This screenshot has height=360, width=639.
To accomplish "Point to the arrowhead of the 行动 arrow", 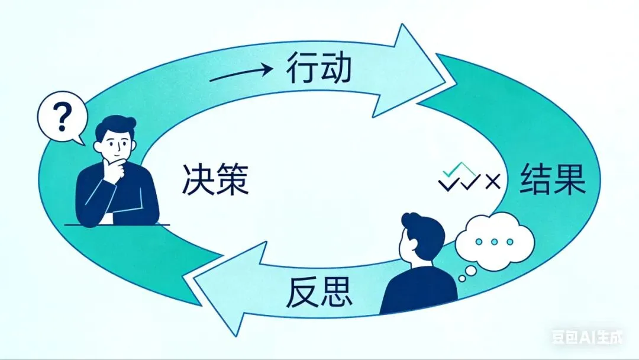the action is pos(414,71).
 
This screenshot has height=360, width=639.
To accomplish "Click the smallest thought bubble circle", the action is pos(461,278).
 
